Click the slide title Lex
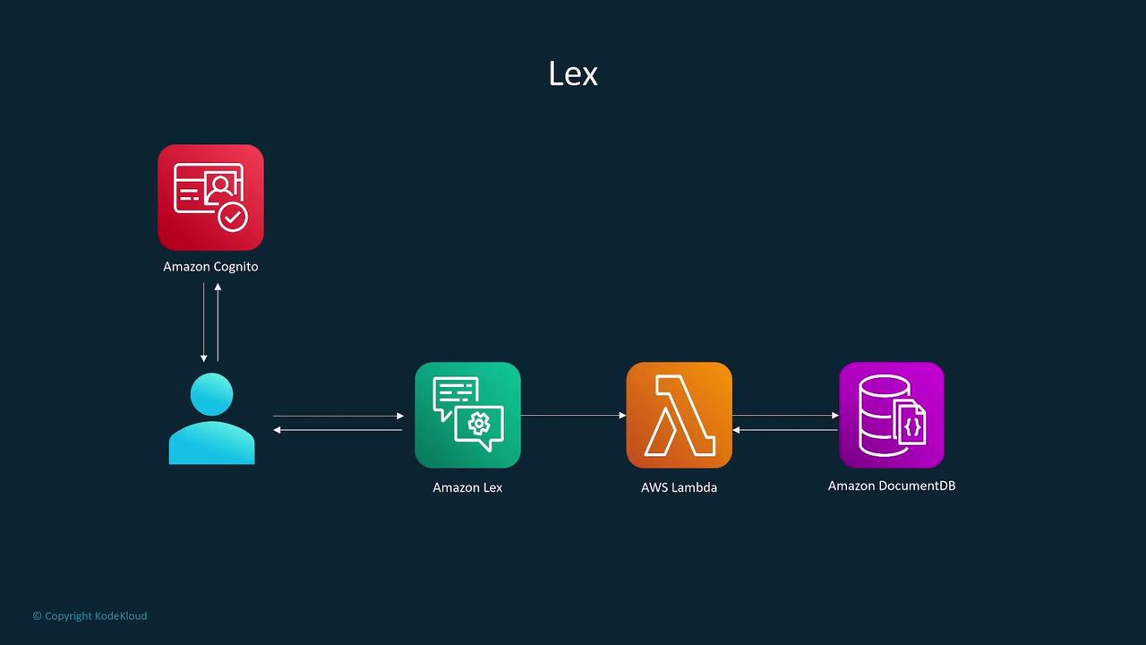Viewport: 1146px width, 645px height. pos(573,73)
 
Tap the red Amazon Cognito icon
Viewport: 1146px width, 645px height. pos(210,197)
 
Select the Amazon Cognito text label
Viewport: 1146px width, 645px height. pos(210,266)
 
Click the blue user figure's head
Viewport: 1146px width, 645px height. pos(212,395)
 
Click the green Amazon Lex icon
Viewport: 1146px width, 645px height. pos(467,415)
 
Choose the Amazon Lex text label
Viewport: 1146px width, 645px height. pos(467,487)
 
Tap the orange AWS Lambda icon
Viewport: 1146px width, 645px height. pos(679,415)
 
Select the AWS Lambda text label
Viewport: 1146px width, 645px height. pos(679,487)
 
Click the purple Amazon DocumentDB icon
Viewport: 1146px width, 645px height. pos(892,415)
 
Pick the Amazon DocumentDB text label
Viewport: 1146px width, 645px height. pos(892,486)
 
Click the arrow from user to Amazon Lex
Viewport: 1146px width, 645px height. pos(338,416)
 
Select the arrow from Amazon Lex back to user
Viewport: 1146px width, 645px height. pos(338,430)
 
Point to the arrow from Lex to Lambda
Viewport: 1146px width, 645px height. pos(573,415)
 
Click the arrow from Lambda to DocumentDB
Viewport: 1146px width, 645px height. pos(785,415)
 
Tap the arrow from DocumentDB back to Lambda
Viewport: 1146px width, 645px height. pos(785,430)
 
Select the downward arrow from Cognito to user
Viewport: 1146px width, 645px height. pos(204,322)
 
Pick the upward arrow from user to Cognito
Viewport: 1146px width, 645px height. pos(218,322)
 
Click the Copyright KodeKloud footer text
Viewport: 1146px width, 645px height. pos(90,615)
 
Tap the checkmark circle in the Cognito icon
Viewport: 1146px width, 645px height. pos(233,216)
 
